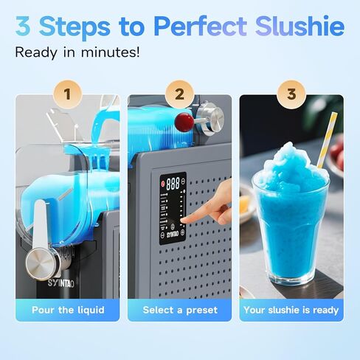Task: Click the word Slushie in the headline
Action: click(301, 27)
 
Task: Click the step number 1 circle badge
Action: click(69, 94)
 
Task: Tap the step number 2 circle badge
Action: click(180, 94)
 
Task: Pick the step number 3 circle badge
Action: click(291, 94)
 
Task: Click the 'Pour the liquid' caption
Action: click(68, 310)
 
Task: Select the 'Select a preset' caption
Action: click(180, 310)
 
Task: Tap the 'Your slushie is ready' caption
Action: click(291, 310)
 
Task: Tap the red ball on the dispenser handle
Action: click(183, 120)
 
